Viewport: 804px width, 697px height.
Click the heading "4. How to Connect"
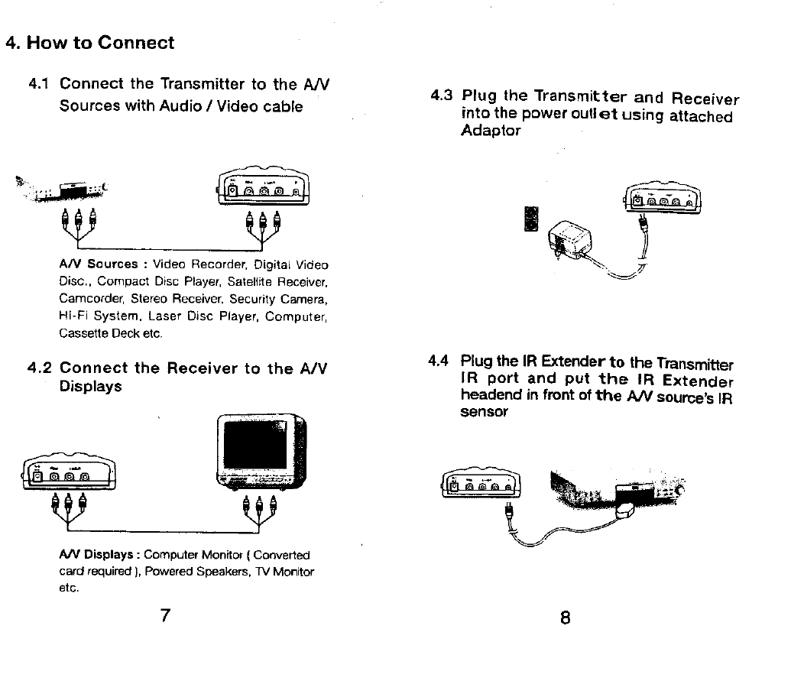(x=90, y=43)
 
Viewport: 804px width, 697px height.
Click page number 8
(x=565, y=617)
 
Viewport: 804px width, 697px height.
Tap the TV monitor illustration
(x=261, y=452)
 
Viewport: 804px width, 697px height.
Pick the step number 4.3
(x=442, y=96)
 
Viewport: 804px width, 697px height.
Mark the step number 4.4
(x=439, y=361)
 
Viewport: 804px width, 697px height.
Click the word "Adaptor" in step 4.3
(x=491, y=131)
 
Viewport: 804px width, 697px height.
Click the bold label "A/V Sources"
(x=98, y=264)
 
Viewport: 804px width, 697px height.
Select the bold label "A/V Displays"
(x=99, y=554)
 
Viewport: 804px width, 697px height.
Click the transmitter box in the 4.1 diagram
(x=263, y=188)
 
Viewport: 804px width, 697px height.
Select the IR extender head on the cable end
(x=627, y=510)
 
